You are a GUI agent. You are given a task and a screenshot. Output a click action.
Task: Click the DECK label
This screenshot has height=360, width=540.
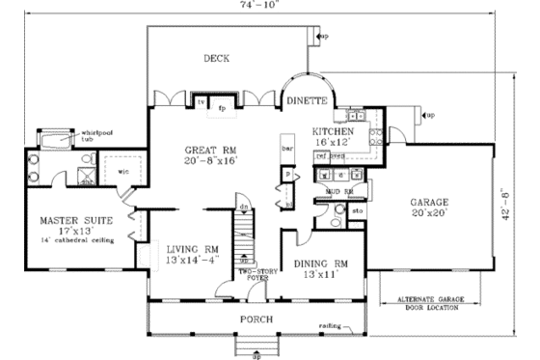[216, 59]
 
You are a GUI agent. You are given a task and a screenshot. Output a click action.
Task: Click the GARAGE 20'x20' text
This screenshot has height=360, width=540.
[429, 208]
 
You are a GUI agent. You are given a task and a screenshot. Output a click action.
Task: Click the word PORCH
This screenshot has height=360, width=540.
[256, 318]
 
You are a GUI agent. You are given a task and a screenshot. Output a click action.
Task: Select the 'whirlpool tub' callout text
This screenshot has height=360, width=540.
[96, 135]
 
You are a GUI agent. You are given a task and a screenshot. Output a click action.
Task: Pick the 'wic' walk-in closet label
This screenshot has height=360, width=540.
[124, 173]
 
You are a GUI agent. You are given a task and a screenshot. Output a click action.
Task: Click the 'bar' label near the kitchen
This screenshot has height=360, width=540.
[286, 149]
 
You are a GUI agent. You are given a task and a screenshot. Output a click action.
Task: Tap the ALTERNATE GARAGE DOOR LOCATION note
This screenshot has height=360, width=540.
[428, 304]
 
